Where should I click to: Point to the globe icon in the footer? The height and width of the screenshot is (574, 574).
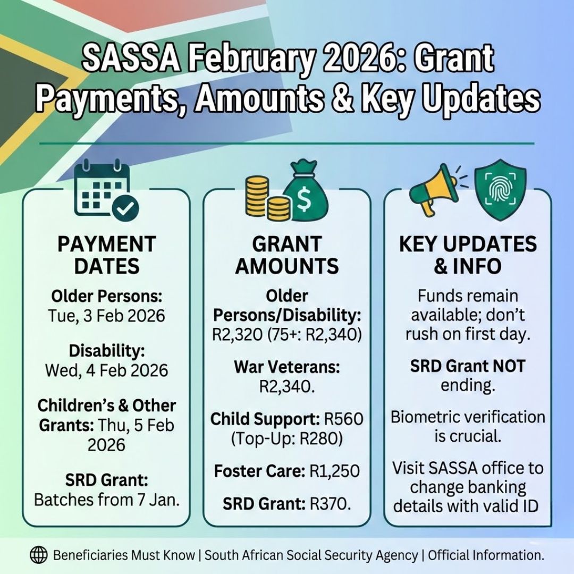pos(38,555)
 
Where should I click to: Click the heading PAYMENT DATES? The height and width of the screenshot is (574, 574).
pos(106,255)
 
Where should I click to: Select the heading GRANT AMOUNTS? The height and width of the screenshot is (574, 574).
pos(287,255)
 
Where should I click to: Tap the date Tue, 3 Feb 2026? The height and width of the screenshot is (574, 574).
pos(106,316)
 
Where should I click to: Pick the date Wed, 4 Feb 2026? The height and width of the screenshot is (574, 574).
pos(106,370)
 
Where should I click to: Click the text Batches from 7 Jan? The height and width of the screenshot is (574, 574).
pos(106,500)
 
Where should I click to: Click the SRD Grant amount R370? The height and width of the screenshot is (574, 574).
pos(330,503)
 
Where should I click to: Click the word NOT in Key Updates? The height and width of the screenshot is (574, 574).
pos(508,366)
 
